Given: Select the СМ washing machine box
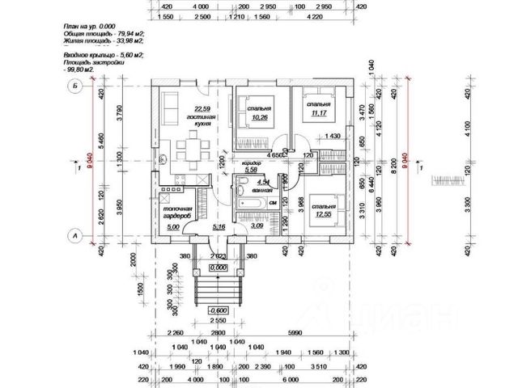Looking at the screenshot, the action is point(274,201).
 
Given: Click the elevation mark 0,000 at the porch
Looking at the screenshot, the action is point(217,267).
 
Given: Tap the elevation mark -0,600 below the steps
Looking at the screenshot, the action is point(217,310).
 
